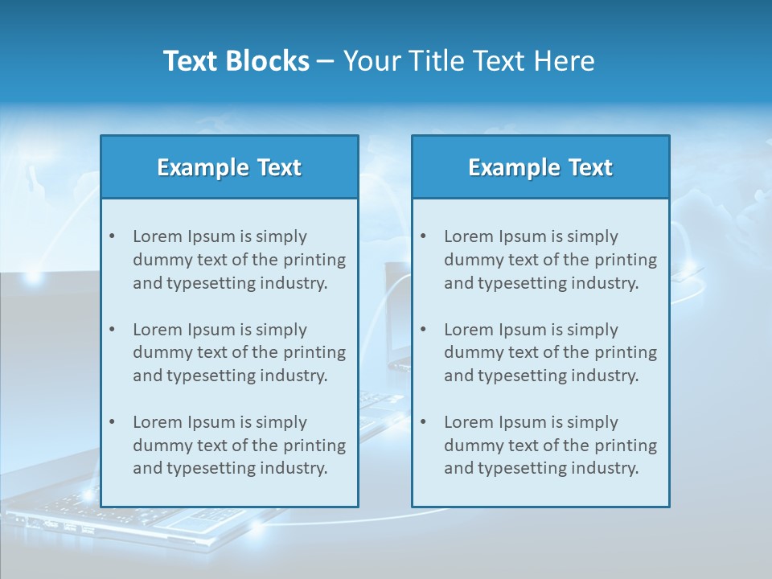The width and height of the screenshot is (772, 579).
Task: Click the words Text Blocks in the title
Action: click(x=236, y=61)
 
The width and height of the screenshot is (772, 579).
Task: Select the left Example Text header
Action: click(x=229, y=167)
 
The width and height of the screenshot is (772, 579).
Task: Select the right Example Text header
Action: click(x=540, y=167)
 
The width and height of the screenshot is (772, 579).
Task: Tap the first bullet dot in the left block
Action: click(x=112, y=236)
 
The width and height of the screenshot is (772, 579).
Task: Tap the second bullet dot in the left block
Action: click(x=112, y=330)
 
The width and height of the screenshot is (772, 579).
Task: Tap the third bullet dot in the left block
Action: click(x=112, y=422)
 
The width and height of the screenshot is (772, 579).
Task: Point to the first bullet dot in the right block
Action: click(x=423, y=236)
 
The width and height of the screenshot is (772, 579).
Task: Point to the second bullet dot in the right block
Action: click(x=423, y=330)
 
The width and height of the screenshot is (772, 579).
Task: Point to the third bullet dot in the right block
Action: click(x=423, y=422)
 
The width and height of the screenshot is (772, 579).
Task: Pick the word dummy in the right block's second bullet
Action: click(x=470, y=352)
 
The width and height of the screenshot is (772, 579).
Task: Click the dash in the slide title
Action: click(x=326, y=61)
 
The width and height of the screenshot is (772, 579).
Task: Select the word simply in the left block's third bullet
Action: click(x=283, y=422)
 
